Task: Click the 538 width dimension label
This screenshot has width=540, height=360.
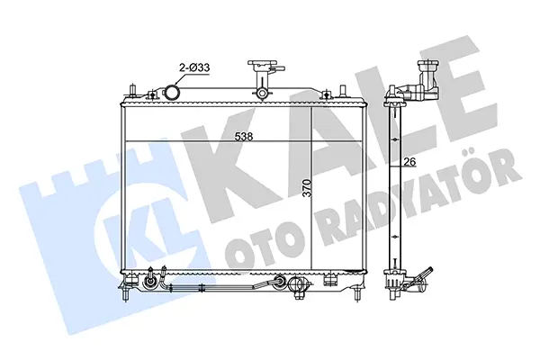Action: point(244,137)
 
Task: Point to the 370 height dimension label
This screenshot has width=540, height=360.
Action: point(307,188)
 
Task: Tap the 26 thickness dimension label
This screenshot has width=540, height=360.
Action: point(410,161)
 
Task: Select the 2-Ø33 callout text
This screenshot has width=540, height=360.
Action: point(194,67)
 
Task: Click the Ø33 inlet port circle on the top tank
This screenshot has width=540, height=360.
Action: point(172,93)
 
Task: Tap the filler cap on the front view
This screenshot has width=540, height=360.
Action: point(263,65)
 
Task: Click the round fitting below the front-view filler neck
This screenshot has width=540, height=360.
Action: point(262,93)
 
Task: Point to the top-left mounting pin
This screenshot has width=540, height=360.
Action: point(132,91)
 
